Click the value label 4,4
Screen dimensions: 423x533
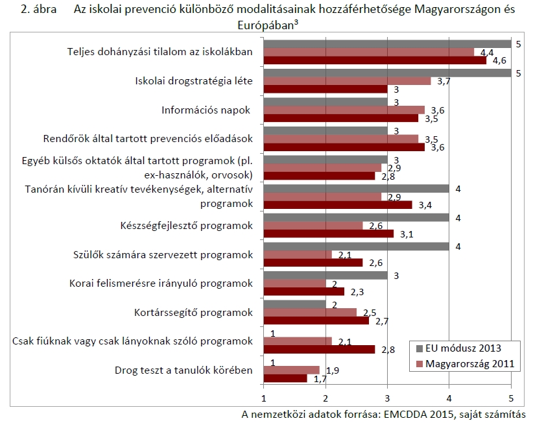(x=486, y=52)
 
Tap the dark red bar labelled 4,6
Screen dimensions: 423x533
(x=375, y=60)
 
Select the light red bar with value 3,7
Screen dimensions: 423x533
(x=347, y=81)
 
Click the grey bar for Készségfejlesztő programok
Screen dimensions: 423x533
(x=356, y=218)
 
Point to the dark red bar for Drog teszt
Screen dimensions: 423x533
(x=285, y=378)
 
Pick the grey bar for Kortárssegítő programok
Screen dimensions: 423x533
(x=294, y=304)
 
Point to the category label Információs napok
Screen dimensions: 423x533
(x=206, y=110)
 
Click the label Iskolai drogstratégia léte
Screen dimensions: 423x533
(x=193, y=81)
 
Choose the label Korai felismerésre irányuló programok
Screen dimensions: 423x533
(x=161, y=283)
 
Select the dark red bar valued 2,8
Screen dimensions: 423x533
(x=319, y=349)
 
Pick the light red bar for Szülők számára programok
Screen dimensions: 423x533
(x=298, y=255)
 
